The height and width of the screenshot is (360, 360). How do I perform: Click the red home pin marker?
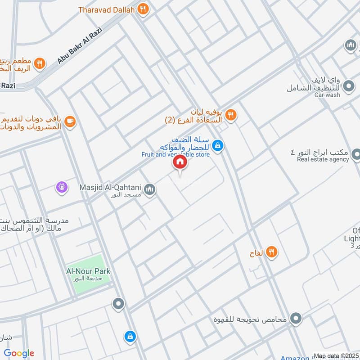(180, 161)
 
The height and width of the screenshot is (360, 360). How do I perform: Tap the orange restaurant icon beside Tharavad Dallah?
(143, 9)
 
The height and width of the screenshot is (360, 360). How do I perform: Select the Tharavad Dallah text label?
(106, 9)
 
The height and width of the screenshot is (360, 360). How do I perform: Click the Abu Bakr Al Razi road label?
(81, 45)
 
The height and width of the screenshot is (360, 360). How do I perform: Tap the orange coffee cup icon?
(70, 121)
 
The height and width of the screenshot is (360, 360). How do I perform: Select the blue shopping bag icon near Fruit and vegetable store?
(218, 145)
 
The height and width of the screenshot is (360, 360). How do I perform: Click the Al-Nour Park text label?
(88, 271)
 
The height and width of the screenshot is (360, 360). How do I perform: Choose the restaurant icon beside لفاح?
(271, 252)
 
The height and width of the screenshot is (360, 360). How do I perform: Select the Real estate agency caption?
(323, 160)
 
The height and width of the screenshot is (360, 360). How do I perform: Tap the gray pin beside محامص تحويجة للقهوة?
(296, 319)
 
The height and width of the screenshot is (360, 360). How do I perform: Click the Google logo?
(19, 353)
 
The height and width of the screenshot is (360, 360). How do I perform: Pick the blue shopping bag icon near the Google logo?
(130, 336)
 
